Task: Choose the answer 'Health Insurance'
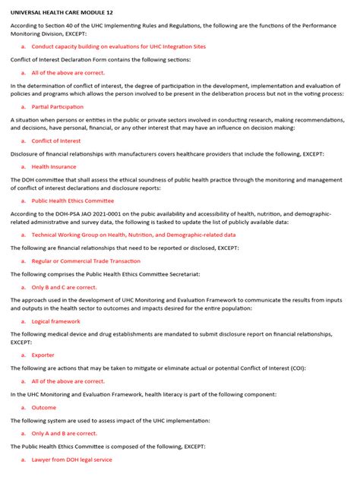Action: click(x=53, y=166)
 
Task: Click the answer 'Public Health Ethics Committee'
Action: click(x=72, y=201)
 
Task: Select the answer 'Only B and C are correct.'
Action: click(x=64, y=287)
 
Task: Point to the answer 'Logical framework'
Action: click(x=55, y=321)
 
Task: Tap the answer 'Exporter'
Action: click(x=43, y=355)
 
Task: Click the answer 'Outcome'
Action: click(x=43, y=407)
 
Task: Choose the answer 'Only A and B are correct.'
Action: click(x=64, y=433)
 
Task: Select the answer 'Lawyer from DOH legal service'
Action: click(x=71, y=459)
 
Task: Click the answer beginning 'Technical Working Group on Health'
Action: click(x=133, y=235)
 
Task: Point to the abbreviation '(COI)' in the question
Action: click(x=299, y=368)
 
